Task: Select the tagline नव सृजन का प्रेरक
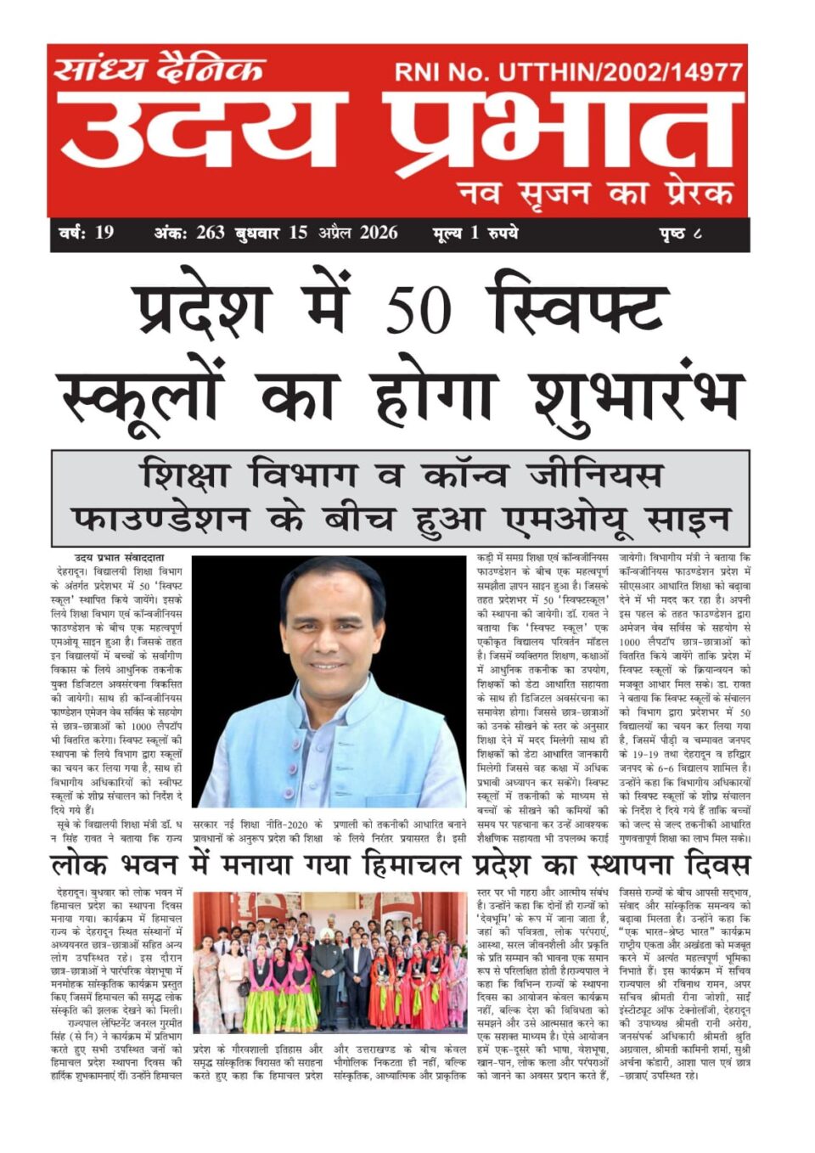coord(594,194)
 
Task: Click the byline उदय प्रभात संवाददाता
coord(119,558)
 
